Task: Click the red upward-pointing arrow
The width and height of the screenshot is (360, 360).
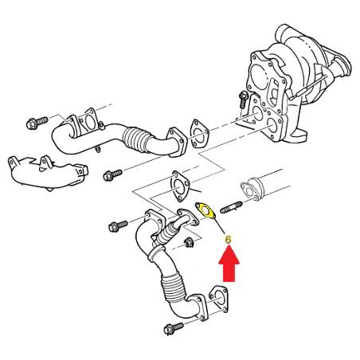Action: tap(229, 264)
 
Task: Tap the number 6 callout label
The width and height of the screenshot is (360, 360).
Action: tap(228, 240)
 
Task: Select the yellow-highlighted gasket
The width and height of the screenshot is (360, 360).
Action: tap(205, 210)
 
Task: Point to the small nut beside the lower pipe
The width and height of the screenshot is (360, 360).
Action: tap(189, 242)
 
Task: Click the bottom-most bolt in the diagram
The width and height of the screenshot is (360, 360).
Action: tap(174, 328)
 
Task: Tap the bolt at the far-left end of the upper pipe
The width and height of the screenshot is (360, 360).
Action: tap(37, 123)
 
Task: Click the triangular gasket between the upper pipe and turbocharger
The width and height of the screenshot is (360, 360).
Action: tap(199, 133)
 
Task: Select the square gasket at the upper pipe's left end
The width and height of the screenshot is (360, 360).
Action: tap(89, 122)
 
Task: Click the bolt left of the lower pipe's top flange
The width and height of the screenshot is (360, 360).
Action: tap(118, 226)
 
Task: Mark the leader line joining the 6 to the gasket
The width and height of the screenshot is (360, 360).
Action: tap(220, 226)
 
